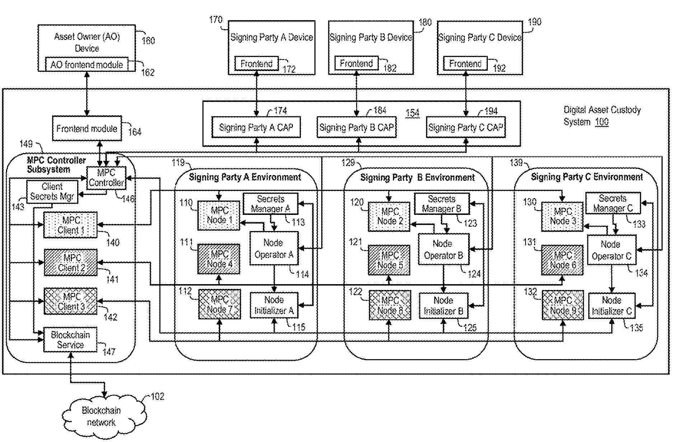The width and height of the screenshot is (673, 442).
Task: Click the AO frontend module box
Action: pyautogui.click(x=87, y=65)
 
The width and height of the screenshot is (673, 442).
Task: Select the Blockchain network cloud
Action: pyautogui.click(x=102, y=416)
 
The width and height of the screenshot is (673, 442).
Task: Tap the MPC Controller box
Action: pyautogui.click(x=107, y=178)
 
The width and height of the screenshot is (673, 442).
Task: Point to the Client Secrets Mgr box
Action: pyautogui.click(x=52, y=192)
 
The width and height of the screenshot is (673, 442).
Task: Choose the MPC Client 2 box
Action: pyautogui.click(x=71, y=263)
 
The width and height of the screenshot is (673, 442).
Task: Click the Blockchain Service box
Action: pyautogui.click(x=70, y=340)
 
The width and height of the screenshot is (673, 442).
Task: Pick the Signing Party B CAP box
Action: pyautogui.click(x=356, y=127)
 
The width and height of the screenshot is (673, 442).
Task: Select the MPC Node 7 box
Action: pyautogui.click(x=219, y=305)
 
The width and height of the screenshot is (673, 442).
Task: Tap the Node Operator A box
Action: pyautogui.click(x=274, y=249)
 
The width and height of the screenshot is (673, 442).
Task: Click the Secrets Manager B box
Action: pyautogui.click(x=442, y=204)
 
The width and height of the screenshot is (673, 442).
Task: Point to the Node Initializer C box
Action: pyautogui.click(x=612, y=306)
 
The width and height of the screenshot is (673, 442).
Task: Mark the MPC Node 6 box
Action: pyautogui.click(x=562, y=260)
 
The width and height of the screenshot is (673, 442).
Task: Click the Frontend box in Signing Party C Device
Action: pyautogui.click(x=465, y=64)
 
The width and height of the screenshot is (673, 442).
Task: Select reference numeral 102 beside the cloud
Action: pyautogui.click(x=157, y=396)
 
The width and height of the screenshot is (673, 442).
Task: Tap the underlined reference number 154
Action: pyautogui.click(x=412, y=113)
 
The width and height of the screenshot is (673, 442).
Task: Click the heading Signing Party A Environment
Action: pyautogui.click(x=245, y=177)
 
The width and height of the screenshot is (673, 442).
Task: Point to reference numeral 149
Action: pyautogui.click(x=26, y=144)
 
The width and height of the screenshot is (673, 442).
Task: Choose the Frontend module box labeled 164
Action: pyautogui.click(x=87, y=128)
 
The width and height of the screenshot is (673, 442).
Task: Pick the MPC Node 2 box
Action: pyautogui.click(x=389, y=216)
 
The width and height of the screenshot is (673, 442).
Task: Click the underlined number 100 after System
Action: pyautogui.click(x=602, y=122)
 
